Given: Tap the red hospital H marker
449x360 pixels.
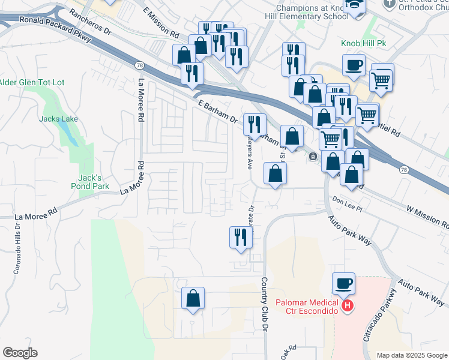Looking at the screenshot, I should coord(347,307).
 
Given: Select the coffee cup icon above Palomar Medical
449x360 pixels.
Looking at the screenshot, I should coord(343,283).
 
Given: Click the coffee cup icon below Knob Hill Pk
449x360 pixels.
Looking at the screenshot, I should coord(354,65).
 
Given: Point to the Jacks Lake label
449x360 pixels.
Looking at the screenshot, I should coord(58,119).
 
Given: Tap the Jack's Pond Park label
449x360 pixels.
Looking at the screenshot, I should coord(94,182).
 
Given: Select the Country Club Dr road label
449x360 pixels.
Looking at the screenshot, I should coord(264,304).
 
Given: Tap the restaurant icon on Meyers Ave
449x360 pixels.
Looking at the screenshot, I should coord(255,124).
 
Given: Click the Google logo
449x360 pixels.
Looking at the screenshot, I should coord(20,353).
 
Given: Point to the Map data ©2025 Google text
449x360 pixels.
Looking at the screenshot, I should coord(411,355).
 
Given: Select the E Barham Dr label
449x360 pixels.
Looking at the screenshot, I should coord(217,112).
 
